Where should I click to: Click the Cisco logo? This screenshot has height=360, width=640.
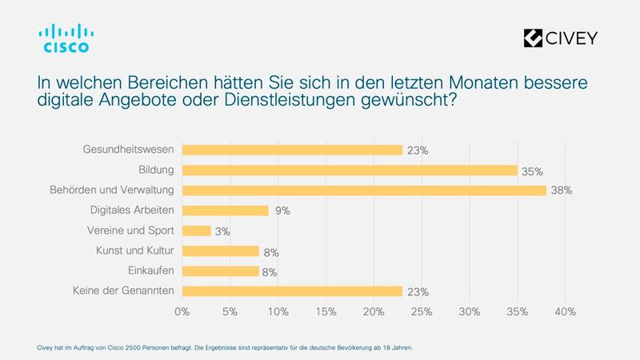click(66, 38)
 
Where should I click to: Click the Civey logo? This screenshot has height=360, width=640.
click(559, 38)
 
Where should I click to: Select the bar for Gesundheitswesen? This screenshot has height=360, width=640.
click(292, 150)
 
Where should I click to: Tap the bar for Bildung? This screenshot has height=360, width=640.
click(350, 170)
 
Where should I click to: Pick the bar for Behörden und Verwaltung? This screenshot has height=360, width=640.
click(364, 190)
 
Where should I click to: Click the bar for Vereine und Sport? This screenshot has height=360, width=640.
click(197, 230)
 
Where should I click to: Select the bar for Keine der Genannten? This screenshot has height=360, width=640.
click(292, 291)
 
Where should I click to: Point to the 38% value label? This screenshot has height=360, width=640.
click(562, 191)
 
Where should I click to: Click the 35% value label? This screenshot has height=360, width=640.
click(533, 170)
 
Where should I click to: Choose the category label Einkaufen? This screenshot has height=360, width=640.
click(151, 270)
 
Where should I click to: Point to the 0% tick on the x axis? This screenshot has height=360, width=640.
click(182, 310)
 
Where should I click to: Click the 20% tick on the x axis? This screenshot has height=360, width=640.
click(374, 310)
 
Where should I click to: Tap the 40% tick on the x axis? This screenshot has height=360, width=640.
click(566, 310)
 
